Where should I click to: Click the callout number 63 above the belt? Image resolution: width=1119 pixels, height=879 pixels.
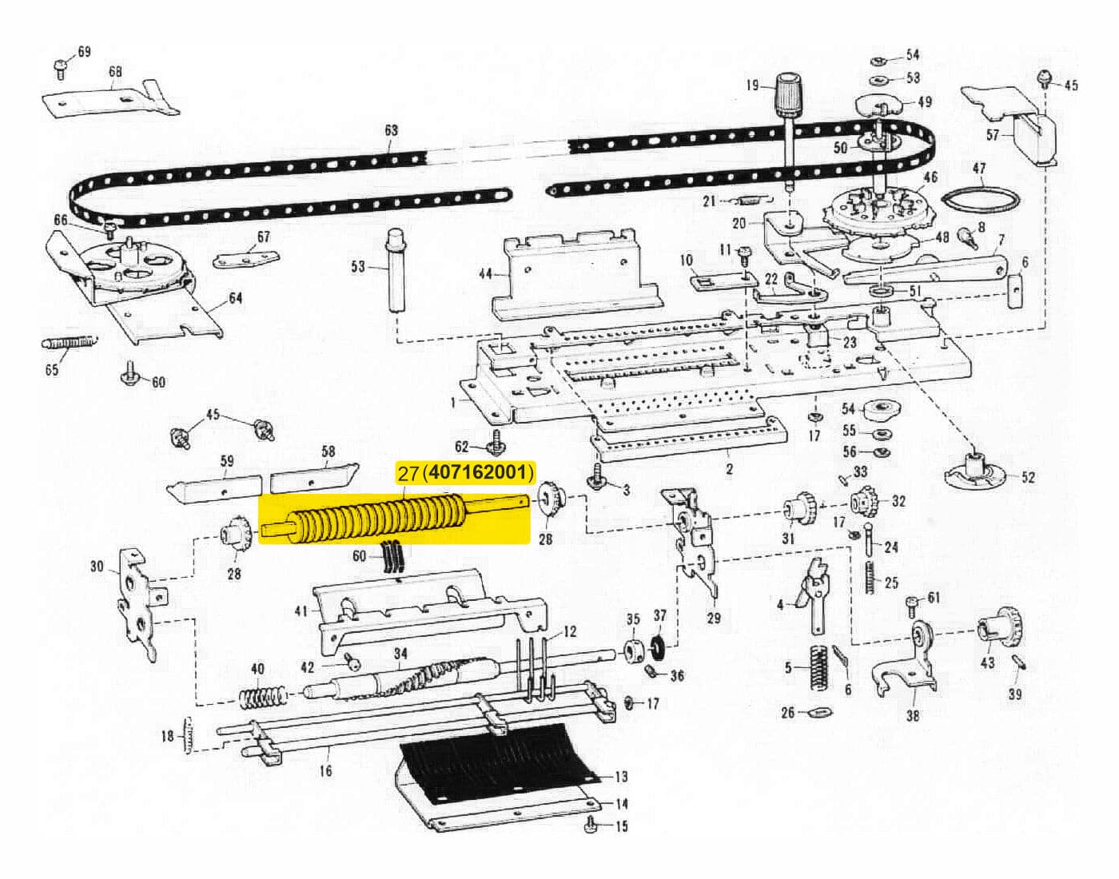(x=391, y=129)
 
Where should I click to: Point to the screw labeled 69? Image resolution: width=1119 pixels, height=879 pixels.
(x=62, y=68)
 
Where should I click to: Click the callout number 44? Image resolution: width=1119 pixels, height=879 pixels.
(x=485, y=274)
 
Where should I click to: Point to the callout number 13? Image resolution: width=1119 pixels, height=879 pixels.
(x=621, y=776)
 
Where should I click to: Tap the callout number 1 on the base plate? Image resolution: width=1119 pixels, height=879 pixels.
(x=453, y=402)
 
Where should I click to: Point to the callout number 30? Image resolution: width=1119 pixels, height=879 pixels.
(x=97, y=567)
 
